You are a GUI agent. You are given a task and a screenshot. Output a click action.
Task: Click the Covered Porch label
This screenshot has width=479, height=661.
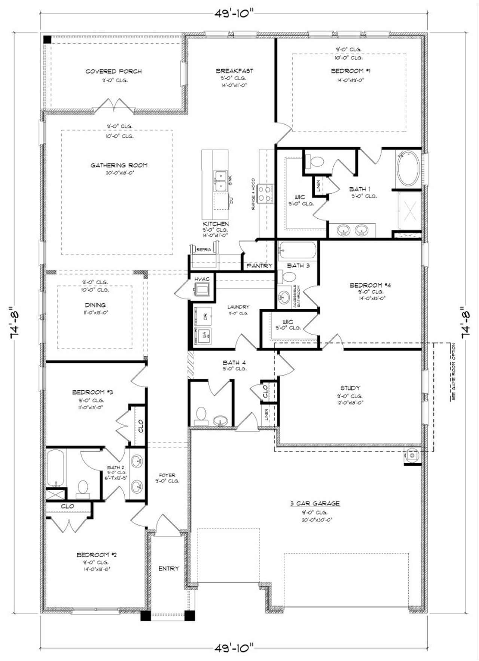(x=113, y=71)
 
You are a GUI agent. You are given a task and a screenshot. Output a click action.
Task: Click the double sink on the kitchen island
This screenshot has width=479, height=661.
(x=220, y=181)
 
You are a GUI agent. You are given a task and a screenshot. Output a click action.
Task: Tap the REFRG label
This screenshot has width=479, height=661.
(x=204, y=249)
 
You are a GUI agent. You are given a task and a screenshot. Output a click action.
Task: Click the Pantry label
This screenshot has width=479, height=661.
(x=259, y=266)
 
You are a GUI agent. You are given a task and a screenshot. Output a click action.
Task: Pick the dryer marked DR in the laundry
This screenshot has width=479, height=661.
(x=202, y=316)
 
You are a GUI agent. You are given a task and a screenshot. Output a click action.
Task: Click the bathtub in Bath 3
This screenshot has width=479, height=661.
(x=298, y=251)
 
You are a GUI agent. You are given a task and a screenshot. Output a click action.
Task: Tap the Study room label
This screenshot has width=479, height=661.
(x=350, y=388)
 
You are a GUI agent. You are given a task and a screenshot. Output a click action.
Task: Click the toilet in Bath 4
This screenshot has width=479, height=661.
(x=202, y=415)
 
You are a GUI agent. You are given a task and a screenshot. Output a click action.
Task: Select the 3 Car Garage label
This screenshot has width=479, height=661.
(x=315, y=504)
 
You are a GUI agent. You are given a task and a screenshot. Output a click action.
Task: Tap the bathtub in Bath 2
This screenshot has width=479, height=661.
(x=57, y=468)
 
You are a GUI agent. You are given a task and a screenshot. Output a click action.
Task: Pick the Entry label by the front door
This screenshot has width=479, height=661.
(x=169, y=568)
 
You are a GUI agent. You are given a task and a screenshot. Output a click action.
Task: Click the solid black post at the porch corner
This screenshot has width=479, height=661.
(x=47, y=39)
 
